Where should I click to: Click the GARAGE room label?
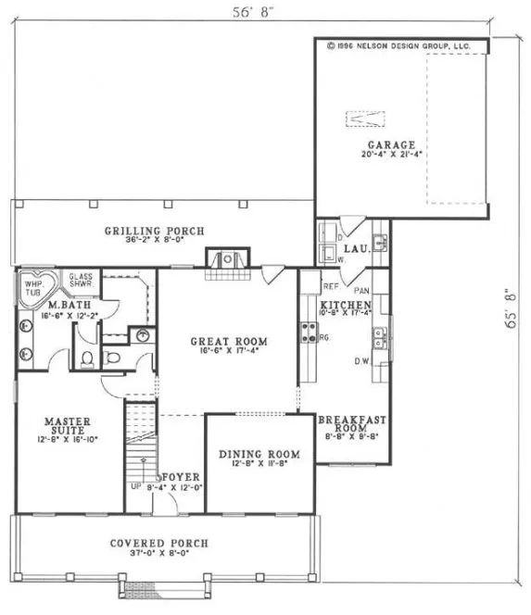[385, 144]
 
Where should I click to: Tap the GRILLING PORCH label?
[154, 231]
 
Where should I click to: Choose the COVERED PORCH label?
[159, 543]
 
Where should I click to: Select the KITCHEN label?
[346, 306]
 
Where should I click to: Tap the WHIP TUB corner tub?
[34, 285]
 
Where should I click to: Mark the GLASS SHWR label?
[81, 281]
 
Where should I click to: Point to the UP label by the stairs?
[135, 485]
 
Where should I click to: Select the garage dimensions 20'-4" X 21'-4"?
[384, 156]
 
